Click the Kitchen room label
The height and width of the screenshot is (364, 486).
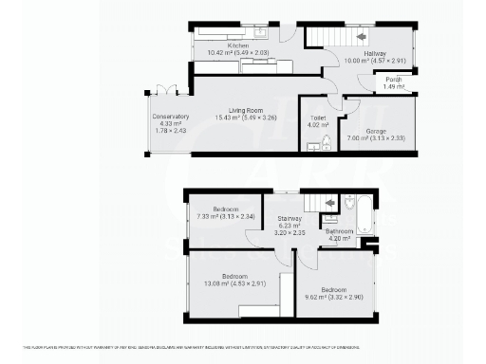238,45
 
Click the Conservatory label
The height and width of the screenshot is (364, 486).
171,117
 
